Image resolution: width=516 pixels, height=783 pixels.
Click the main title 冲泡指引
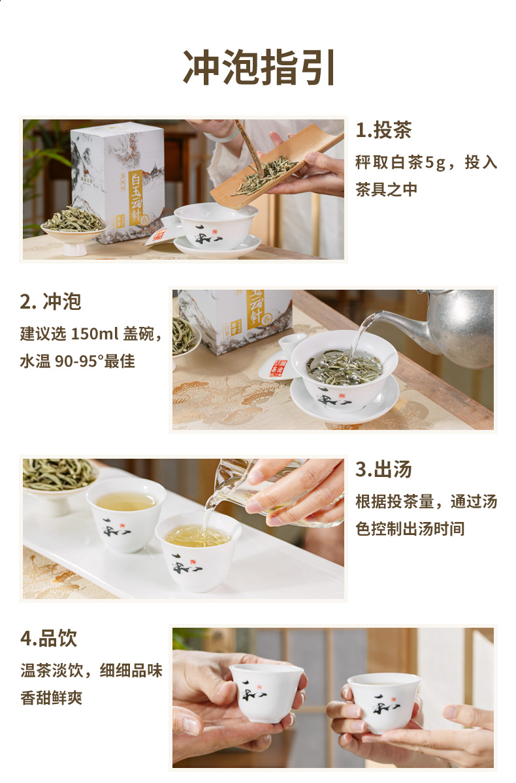(259, 67)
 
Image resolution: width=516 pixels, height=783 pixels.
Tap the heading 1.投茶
(384, 130)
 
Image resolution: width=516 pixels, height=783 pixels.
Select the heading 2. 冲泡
(51, 301)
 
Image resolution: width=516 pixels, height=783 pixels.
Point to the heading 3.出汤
(384, 469)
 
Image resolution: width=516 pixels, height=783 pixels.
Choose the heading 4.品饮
(48, 638)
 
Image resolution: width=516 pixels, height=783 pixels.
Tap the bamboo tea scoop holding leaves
(276, 166)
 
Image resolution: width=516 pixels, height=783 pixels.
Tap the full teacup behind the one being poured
(126, 514)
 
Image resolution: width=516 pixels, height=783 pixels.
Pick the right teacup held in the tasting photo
(385, 703)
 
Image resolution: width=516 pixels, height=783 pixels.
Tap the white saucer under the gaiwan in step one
(218, 247)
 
